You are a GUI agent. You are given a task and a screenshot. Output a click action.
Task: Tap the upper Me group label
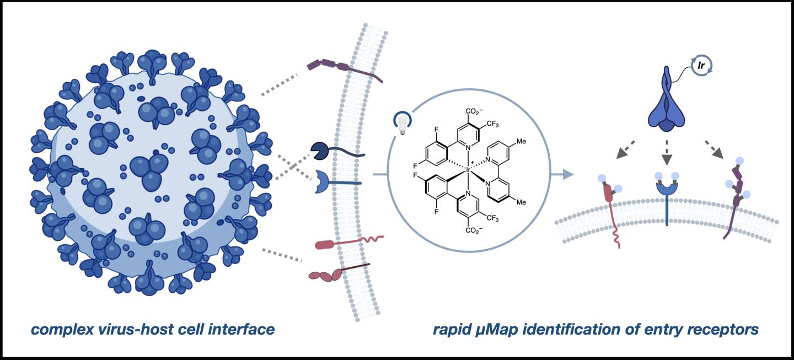[x=521, y=141]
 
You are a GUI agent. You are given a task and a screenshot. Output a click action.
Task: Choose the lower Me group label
[x=521, y=202]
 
